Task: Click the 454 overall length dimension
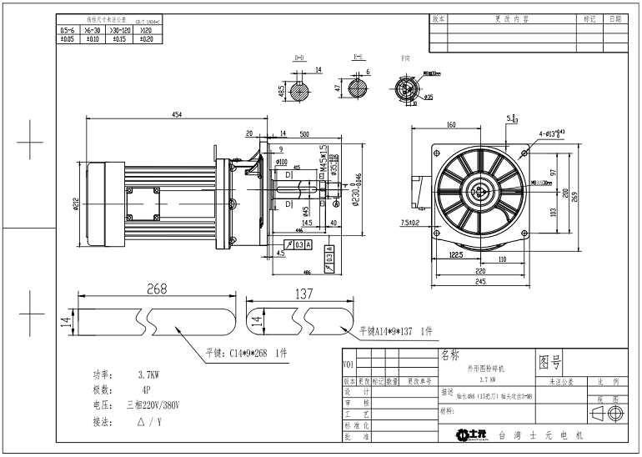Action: click(x=178, y=114)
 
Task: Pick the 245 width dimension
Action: click(x=474, y=282)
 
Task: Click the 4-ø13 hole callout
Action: click(x=552, y=133)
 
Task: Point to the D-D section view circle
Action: click(x=298, y=90)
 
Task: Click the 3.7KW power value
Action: click(x=148, y=375)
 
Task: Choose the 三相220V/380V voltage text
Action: click(x=156, y=404)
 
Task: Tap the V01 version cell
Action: click(x=348, y=364)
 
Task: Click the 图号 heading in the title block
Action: click(x=550, y=361)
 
